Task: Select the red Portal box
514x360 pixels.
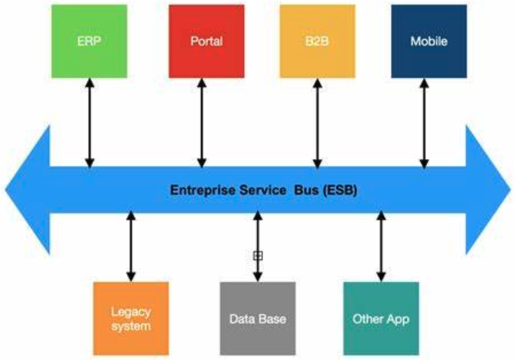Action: pos(205,40)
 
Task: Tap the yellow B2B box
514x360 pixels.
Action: pos(317,40)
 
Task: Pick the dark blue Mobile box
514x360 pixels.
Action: pos(428,40)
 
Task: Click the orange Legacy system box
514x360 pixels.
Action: pos(130,318)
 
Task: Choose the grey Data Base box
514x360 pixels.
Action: pos(257,318)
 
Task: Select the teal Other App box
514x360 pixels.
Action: pos(380,318)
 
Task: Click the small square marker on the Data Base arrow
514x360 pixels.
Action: pos(258,256)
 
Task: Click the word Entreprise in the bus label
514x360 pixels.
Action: pos(200,189)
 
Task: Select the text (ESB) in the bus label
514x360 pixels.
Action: pos(339,189)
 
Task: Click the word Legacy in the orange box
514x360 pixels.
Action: pos(130,311)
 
